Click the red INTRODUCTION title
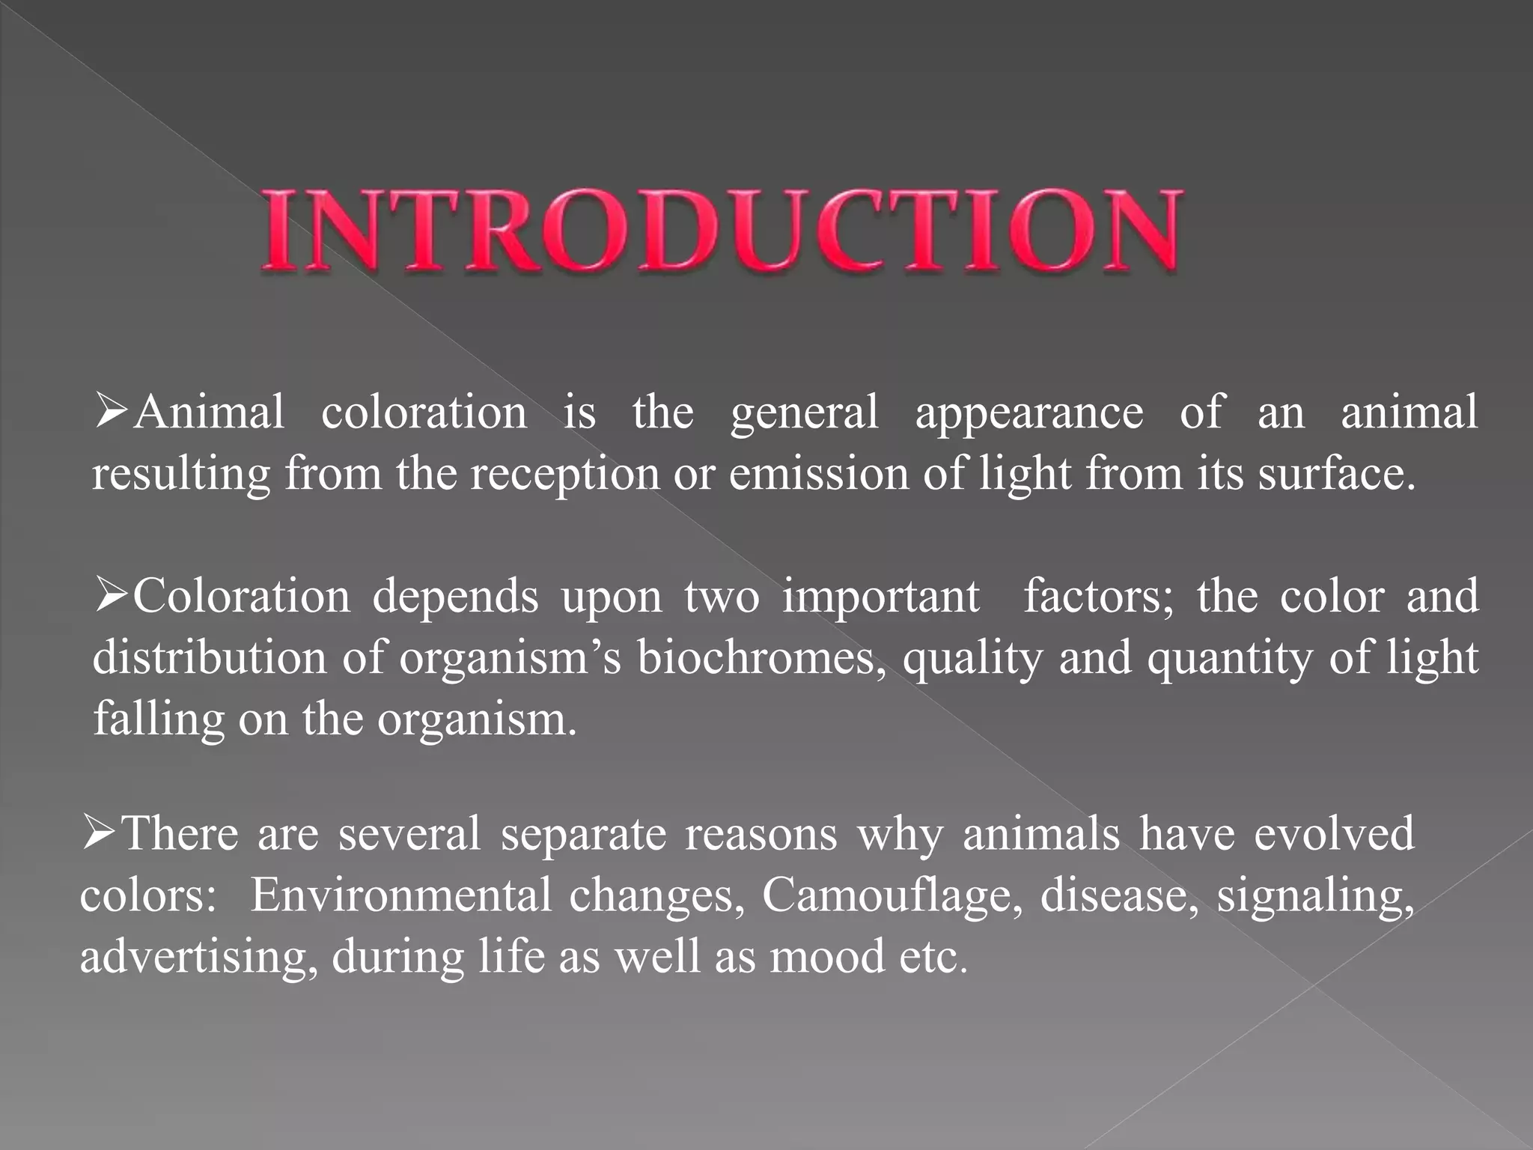pyautogui.click(x=722, y=230)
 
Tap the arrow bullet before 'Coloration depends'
pyautogui.click(x=113, y=595)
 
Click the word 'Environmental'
pyautogui.click(x=400, y=894)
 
